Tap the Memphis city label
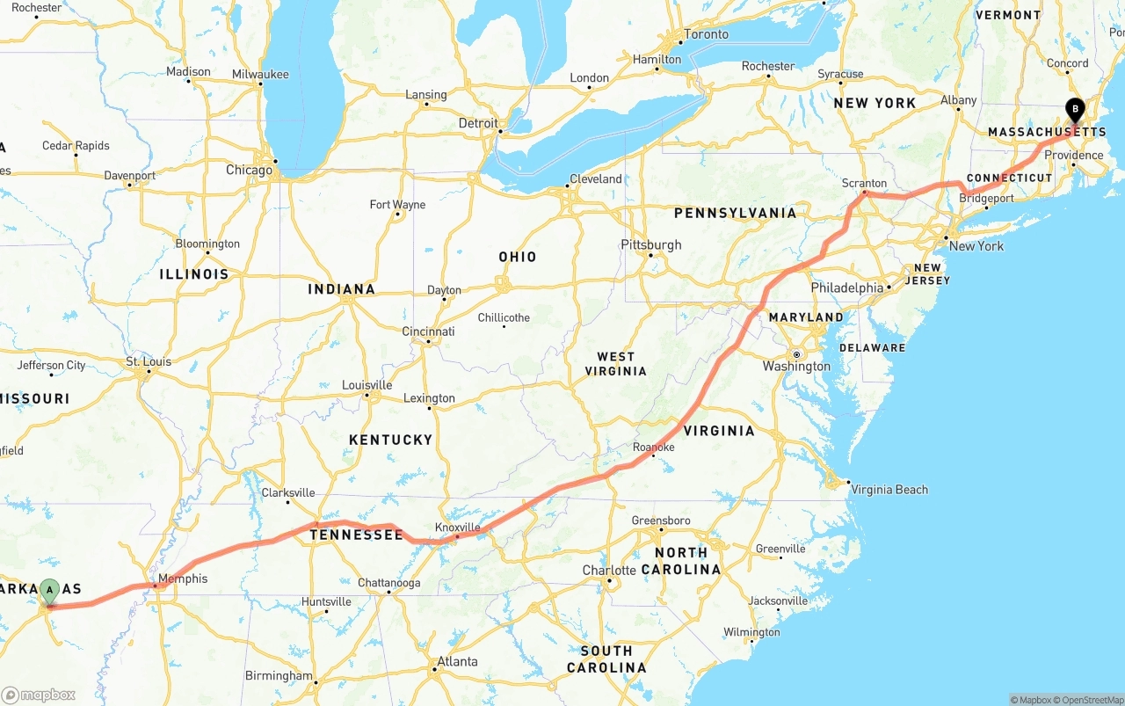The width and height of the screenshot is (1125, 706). [x=184, y=579]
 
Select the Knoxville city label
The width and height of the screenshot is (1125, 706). [x=458, y=528]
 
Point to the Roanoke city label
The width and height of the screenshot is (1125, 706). [x=654, y=448]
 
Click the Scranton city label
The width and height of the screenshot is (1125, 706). [x=864, y=183]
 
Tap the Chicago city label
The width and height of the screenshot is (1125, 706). [x=249, y=170]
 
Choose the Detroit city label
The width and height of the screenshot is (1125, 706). [x=478, y=123]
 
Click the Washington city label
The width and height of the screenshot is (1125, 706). [x=796, y=366]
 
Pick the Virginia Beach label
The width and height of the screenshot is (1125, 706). [x=889, y=490]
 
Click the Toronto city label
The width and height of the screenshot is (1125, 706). [x=707, y=34]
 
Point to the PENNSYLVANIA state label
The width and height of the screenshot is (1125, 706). [x=735, y=213]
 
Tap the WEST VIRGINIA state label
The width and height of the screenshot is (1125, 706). [x=615, y=363]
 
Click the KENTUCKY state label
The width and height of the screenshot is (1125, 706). [x=390, y=440]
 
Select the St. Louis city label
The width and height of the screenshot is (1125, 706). [x=149, y=361]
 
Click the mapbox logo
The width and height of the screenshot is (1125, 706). [x=39, y=695]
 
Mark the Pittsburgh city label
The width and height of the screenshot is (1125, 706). [x=650, y=244]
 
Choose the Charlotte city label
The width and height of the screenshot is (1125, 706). [x=609, y=571]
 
